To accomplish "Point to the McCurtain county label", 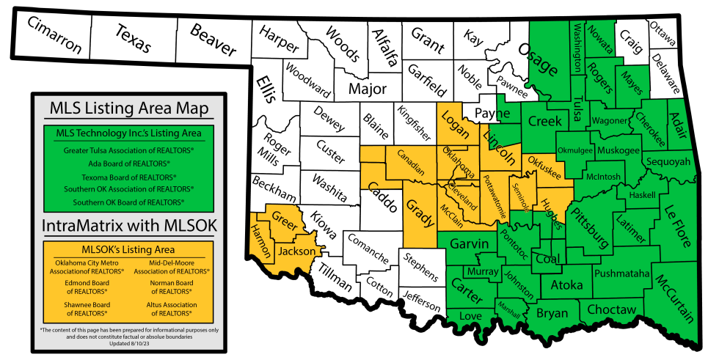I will point(674,298).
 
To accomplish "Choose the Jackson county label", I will point(296,251).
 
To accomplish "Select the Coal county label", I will point(547,258).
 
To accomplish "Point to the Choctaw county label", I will point(612,309).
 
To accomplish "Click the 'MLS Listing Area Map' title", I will point(128,109).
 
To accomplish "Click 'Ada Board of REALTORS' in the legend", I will point(128,163).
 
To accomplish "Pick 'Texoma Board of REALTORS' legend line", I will point(128,177).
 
